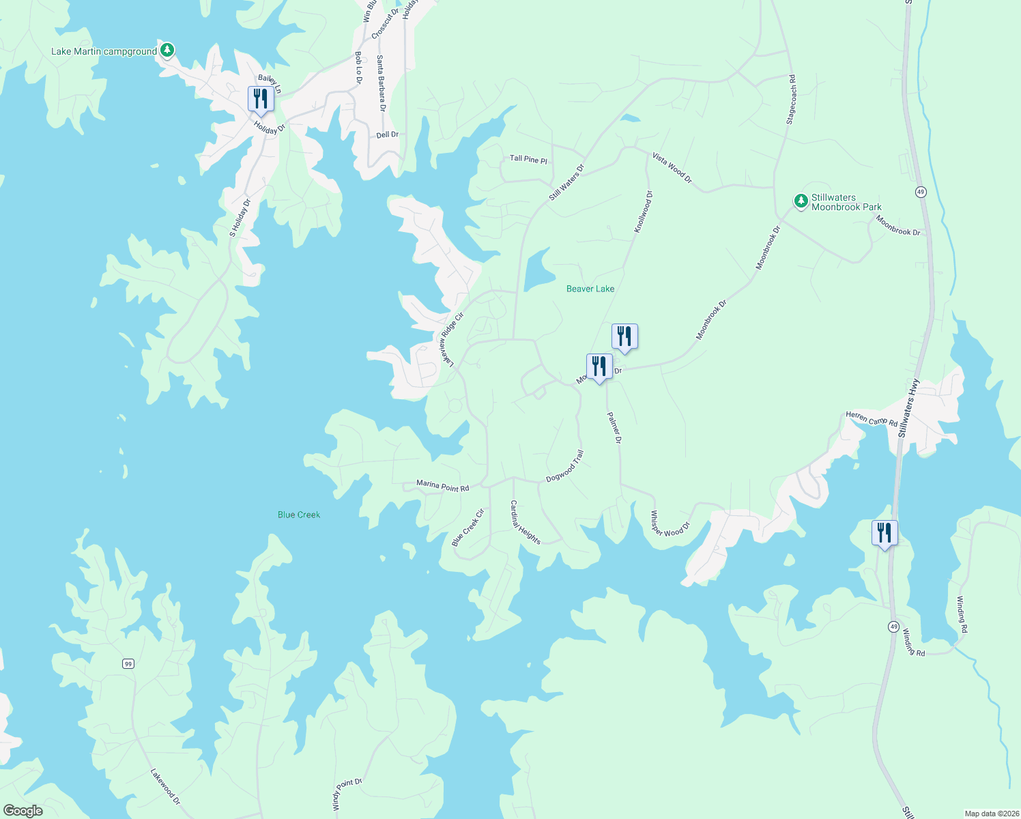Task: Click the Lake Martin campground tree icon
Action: [167, 51]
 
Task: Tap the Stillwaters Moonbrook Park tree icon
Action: [801, 201]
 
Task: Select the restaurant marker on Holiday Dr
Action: [261, 100]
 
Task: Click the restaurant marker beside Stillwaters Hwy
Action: [885, 533]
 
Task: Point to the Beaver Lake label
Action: [590, 289]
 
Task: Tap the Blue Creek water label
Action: [299, 515]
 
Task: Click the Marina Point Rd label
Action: [443, 487]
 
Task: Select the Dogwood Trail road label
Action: [565, 466]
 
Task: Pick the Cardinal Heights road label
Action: [526, 523]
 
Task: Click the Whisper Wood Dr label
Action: [670, 523]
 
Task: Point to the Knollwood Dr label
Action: [643, 212]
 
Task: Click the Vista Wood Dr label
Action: [672, 168]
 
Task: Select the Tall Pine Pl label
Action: [528, 159]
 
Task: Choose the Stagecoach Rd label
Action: [791, 100]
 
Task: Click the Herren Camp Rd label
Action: [872, 418]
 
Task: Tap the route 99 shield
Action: [128, 663]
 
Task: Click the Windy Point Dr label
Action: [347, 794]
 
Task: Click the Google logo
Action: [23, 810]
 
